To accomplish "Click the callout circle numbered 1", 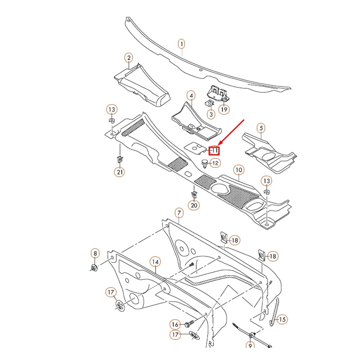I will pos(182,44).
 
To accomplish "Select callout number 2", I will pos(128,58).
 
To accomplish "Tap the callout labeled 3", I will pos(211,114).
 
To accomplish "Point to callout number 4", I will pos(191,96).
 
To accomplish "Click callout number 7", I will pos(179,213).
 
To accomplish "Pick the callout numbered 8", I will pos(95,254).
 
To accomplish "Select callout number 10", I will pos(238,170).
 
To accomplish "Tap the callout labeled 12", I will pos(215,163).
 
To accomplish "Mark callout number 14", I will pos(155,261).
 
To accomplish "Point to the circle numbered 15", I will pos(283,319).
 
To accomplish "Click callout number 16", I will pos(175,325).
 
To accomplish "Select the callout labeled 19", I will pos(224,109).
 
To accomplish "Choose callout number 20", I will pos(194,205).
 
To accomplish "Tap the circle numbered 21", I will pos(120,172).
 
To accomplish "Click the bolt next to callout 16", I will pos(190,324).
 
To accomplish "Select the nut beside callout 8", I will pos(94,268).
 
